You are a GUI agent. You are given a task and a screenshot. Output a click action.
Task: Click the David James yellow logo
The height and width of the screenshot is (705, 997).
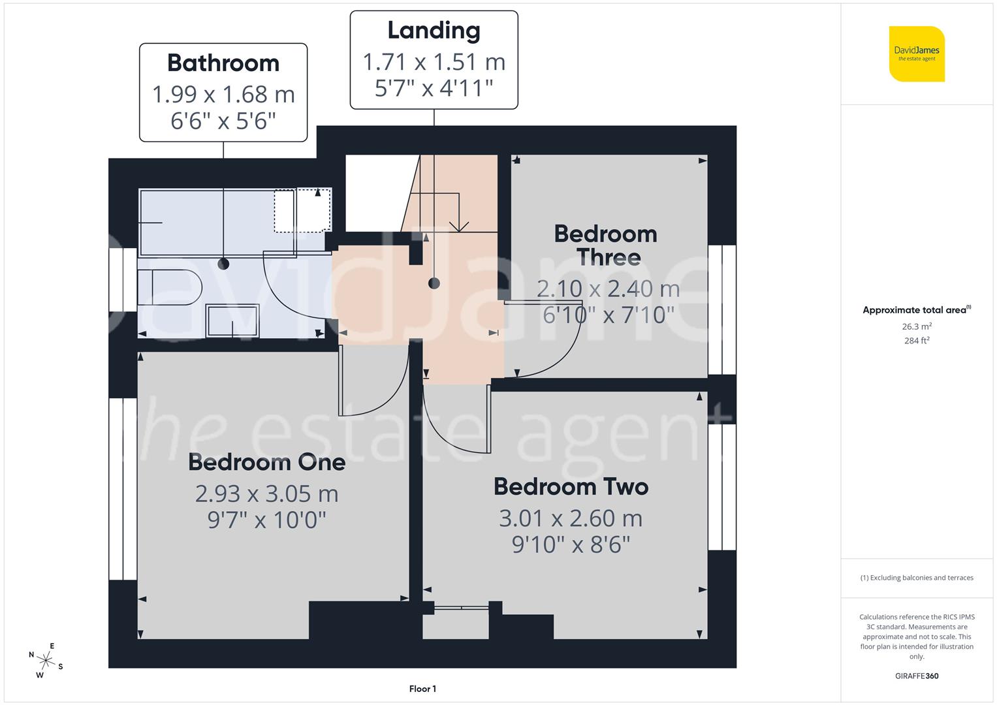click(917, 54)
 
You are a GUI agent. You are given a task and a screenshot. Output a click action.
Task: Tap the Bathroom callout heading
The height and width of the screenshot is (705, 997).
click(223, 63)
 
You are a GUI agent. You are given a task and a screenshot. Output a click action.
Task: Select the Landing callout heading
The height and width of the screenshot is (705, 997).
click(434, 31)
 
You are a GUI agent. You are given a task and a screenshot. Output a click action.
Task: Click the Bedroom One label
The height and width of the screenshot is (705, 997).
click(266, 462)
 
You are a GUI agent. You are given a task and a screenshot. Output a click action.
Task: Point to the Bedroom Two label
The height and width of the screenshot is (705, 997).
click(571, 487)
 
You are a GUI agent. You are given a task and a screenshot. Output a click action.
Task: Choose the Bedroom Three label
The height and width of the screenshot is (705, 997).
click(605, 245)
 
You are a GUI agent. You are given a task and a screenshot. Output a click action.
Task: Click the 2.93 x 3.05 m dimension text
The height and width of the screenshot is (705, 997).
click(266, 494)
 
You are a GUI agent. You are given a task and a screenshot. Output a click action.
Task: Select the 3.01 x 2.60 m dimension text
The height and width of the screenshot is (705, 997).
click(571, 518)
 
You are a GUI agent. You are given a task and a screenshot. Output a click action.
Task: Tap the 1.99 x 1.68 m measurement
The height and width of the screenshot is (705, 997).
click(223, 95)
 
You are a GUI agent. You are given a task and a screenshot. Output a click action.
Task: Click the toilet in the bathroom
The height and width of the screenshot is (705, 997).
click(169, 287)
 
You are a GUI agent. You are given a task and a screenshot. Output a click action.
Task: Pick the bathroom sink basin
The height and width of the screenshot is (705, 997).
click(232, 321)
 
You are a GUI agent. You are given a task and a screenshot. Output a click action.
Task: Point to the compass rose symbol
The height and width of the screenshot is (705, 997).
click(46, 660)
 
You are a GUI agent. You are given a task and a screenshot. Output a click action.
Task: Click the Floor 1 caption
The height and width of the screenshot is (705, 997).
click(422, 689)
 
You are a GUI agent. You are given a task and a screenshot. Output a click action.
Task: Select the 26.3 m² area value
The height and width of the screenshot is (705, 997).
click(917, 326)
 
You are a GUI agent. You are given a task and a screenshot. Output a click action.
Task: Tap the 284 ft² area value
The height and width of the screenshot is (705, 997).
click(917, 341)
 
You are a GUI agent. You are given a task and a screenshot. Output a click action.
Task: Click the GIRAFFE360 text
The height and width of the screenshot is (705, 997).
click(917, 676)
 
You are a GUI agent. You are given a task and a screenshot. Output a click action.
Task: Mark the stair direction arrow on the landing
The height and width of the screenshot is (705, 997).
click(459, 222)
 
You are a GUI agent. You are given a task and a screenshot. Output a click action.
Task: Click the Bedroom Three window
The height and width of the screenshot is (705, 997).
click(722, 309)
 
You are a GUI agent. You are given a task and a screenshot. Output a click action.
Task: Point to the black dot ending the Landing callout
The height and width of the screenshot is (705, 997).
click(434, 283)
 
